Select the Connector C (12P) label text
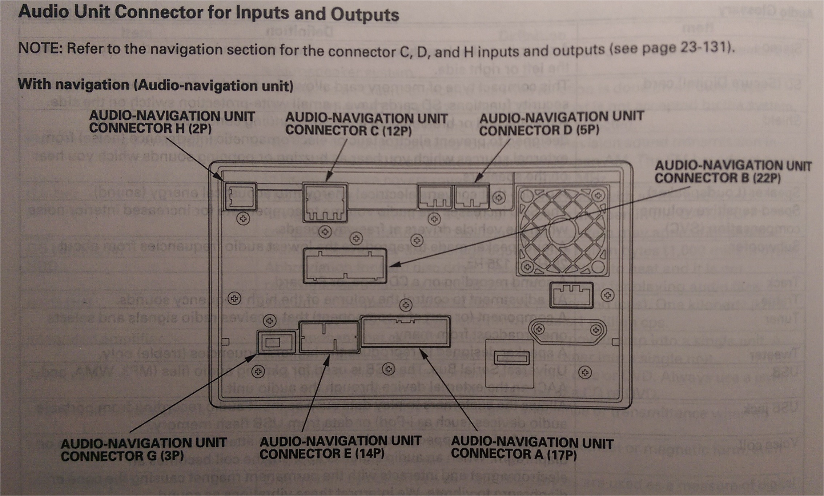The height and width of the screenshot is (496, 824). pyautogui.click(x=366, y=124)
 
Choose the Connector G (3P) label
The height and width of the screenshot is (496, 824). pyautogui.click(x=143, y=449)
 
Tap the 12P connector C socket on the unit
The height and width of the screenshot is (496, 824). pyautogui.click(x=325, y=202)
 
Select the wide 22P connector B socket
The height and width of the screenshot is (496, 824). pyautogui.click(x=345, y=265)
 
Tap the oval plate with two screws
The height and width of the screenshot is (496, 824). pyautogui.click(x=567, y=330)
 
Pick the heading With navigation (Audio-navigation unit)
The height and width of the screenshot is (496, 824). pyautogui.click(x=156, y=85)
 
